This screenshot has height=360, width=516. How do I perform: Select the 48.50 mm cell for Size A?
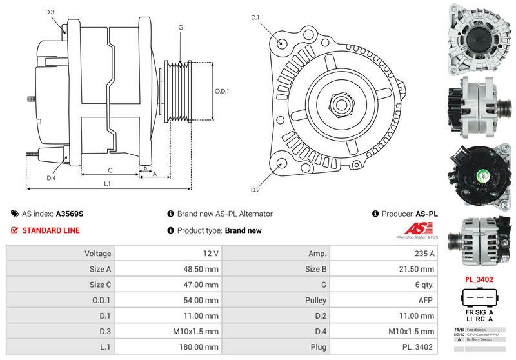167,269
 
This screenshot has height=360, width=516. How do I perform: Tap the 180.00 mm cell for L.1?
167,346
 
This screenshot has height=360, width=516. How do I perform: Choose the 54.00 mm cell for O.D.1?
167,300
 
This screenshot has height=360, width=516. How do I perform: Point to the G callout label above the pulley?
181,28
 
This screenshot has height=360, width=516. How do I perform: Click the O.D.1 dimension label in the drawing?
222,91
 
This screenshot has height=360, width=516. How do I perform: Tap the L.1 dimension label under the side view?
108,184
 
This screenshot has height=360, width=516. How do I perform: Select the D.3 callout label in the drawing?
50,12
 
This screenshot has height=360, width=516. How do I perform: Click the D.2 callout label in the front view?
255,190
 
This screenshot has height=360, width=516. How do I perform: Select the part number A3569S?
70,214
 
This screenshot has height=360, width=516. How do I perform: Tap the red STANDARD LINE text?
51,230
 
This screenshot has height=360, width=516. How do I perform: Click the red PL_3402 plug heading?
479,279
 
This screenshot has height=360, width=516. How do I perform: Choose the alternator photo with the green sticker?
479,175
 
